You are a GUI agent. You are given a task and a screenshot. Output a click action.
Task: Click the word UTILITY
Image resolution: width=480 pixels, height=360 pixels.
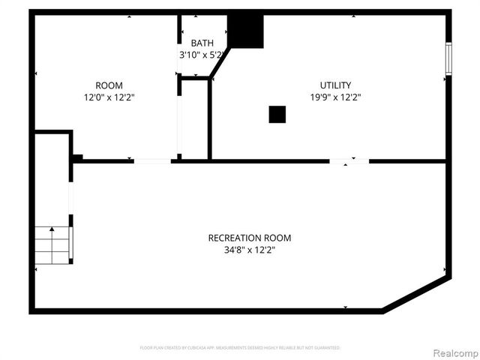(x=335, y=85)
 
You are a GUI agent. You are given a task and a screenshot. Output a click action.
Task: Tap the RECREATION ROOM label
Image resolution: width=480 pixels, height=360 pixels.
(x=250, y=238)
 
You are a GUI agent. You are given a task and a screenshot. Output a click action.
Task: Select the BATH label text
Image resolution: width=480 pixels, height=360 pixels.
(x=202, y=43)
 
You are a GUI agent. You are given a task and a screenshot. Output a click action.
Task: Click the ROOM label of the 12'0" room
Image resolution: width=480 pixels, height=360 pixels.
(x=109, y=85)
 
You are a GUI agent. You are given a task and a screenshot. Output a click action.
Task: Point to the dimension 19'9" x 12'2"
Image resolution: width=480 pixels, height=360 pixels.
(x=335, y=97)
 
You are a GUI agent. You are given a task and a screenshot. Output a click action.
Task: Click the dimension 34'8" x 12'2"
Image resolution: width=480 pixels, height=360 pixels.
(x=250, y=250)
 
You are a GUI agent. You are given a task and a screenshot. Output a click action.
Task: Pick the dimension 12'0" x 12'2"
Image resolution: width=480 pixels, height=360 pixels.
(x=109, y=97)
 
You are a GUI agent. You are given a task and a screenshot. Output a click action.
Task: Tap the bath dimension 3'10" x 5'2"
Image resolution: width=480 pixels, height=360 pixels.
(x=202, y=55)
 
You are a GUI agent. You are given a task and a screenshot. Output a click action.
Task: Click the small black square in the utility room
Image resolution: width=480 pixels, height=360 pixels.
(x=277, y=114)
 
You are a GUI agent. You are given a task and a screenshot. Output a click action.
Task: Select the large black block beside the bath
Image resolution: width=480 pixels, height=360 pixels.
(x=246, y=31)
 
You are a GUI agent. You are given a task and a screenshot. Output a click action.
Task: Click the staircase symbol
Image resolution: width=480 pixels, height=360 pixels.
(x=52, y=245)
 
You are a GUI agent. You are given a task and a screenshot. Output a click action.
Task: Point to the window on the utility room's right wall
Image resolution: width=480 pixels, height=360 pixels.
(x=448, y=58)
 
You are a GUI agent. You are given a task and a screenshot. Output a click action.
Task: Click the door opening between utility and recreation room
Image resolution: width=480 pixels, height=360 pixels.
(x=349, y=160)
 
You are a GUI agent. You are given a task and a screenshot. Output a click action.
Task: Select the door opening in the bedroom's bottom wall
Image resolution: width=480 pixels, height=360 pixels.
(x=152, y=160)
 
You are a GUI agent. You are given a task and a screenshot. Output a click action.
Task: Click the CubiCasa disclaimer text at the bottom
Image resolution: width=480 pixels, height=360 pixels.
(x=240, y=348)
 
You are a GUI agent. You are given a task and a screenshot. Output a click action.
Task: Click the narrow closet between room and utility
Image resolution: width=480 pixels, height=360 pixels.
(x=194, y=118)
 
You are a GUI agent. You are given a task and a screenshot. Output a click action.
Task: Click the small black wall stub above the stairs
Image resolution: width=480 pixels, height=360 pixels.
(x=76, y=157)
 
